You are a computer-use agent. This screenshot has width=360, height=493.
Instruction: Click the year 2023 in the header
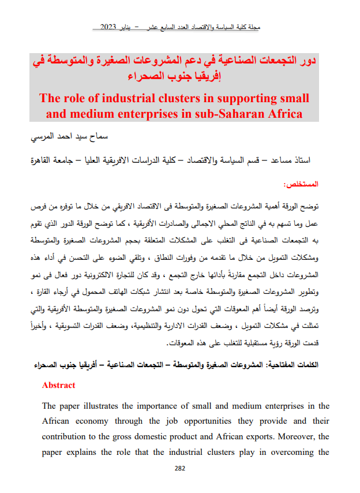click(x=110, y=27)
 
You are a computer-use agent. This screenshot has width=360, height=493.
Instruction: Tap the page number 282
click(x=179, y=468)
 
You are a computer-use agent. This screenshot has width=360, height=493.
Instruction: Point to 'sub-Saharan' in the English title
click(x=226, y=113)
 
